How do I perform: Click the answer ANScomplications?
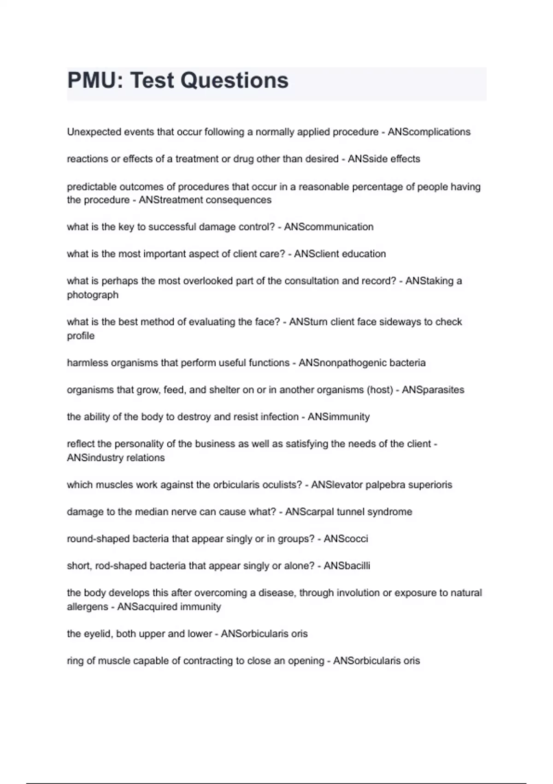coord(429,132)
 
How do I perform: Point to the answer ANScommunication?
coord(329,227)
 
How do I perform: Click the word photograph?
coord(93,295)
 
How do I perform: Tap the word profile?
coord(81,336)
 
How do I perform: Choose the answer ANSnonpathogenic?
coord(341,363)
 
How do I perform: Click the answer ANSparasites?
coord(433,390)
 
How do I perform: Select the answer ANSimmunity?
coord(339,417)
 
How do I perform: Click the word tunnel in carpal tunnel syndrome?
coord(350,512)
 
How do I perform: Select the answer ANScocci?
coord(346,539)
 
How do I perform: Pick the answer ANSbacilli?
coord(347,566)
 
